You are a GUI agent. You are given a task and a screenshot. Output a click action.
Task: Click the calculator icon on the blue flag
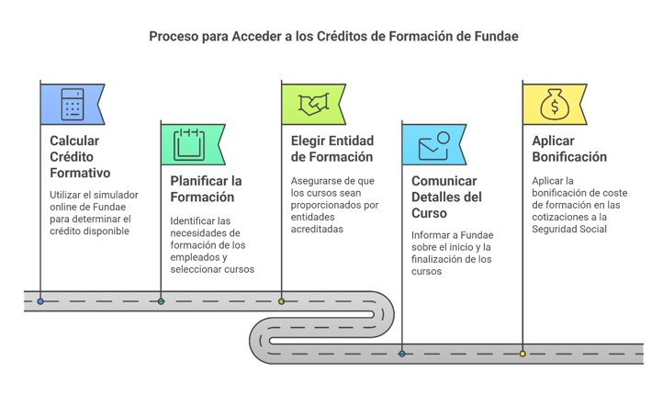[73, 105]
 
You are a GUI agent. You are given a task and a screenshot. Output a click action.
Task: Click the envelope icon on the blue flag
[433, 145]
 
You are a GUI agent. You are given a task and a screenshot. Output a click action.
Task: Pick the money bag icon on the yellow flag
[554, 104]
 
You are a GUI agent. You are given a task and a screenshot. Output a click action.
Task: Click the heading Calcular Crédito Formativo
[80, 157]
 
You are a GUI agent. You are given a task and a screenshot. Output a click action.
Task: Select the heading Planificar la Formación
[206, 188]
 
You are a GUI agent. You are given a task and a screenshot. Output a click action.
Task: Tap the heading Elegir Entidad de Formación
[332, 149]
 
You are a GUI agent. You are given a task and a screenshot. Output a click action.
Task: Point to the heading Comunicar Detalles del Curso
[446, 197]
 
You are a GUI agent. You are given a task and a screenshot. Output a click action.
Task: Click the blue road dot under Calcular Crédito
[40, 301]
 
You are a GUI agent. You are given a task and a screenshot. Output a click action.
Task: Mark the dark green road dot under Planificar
[161, 301]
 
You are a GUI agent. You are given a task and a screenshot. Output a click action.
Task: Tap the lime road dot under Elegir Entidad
[282, 301]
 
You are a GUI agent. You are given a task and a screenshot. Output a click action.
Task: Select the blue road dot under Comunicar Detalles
[402, 354]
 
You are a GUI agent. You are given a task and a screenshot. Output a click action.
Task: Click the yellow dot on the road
[523, 354]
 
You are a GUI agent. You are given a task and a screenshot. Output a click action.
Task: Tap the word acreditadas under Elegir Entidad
[317, 229]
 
